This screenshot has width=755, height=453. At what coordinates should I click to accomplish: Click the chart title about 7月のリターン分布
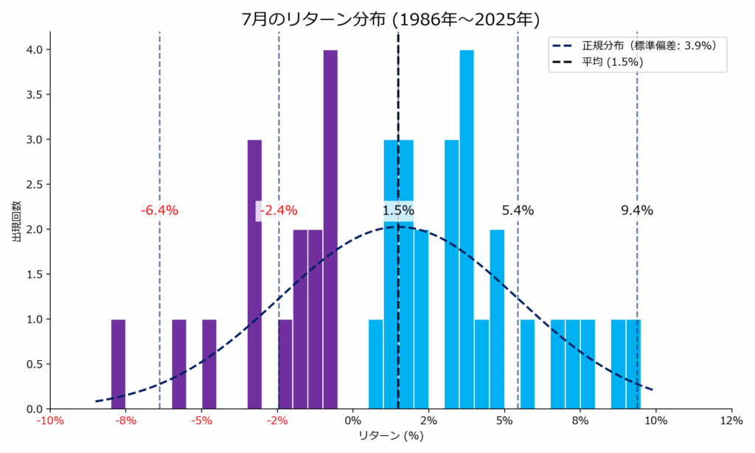pyautogui.click(x=391, y=19)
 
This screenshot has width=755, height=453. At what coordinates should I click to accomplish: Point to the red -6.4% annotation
pyautogui.click(x=159, y=210)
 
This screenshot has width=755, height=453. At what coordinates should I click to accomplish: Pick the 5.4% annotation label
pyautogui.click(x=518, y=210)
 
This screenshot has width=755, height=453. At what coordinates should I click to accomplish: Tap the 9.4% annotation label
pyautogui.click(x=637, y=210)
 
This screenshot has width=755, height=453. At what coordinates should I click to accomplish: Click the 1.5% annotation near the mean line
pyautogui.click(x=398, y=210)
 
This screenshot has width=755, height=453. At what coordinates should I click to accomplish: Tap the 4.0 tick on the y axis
pyautogui.click(x=34, y=49)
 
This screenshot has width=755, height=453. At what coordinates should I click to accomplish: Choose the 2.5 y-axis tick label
pyautogui.click(x=34, y=184)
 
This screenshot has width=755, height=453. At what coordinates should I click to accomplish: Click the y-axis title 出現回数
pyautogui.click(x=16, y=221)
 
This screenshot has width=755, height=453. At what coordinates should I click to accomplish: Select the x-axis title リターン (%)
pyautogui.click(x=391, y=436)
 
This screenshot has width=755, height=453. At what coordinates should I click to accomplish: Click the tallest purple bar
pyautogui.click(x=330, y=229)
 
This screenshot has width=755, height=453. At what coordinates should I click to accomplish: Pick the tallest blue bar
pyautogui.click(x=467, y=229)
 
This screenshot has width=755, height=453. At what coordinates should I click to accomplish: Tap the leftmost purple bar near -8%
pyautogui.click(x=118, y=364)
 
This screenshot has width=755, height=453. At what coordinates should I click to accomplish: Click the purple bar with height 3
pyautogui.click(x=254, y=274)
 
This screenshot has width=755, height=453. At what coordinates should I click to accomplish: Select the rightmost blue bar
pyautogui.click(x=633, y=364)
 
